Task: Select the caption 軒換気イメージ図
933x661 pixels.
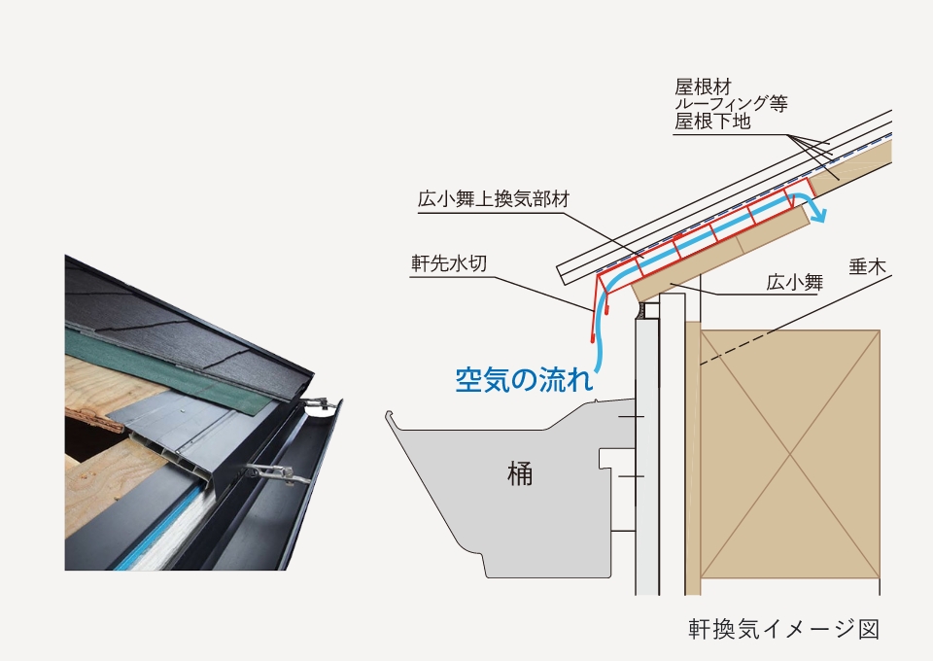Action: click(783, 628)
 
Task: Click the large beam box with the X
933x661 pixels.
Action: click(789, 453)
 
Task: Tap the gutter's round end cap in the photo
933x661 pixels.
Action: click(319, 408)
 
